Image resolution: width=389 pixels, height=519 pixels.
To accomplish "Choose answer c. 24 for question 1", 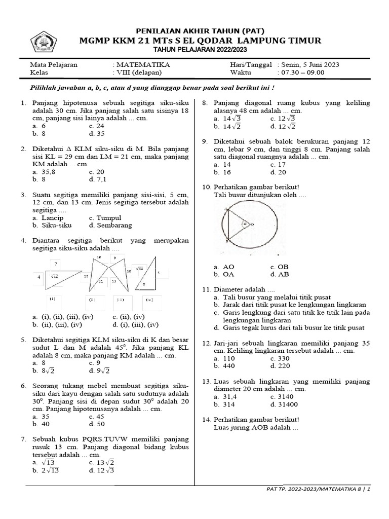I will coord(96,126).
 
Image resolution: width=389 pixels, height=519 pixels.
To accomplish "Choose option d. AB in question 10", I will coord(280,274).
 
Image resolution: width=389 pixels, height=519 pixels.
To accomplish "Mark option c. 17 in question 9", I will coord(278,165).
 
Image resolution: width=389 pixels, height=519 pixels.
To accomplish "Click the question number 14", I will coord(207,420).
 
